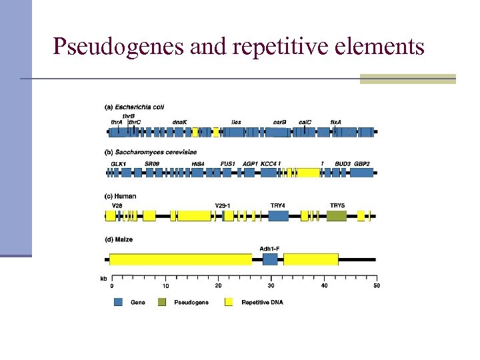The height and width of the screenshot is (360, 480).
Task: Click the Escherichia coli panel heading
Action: click(x=134, y=107)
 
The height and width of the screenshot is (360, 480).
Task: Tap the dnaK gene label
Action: click(x=180, y=123)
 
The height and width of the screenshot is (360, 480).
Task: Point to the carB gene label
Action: click(x=280, y=123)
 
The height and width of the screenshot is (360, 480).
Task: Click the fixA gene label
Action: click(x=336, y=123)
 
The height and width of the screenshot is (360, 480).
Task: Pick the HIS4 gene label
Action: click(x=197, y=163)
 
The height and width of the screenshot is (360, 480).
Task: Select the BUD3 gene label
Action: click(x=343, y=163)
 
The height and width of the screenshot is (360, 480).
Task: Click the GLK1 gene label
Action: click(x=118, y=163)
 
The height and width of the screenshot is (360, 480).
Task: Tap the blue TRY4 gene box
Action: click(x=279, y=216)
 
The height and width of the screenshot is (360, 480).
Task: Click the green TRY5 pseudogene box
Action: click(x=337, y=216)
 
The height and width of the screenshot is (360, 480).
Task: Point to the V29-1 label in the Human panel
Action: click(x=223, y=205)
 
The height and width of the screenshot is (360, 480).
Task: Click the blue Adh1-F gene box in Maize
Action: click(x=269, y=259)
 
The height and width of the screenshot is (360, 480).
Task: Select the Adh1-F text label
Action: click(x=269, y=249)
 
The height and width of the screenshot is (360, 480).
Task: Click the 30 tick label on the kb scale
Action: click(x=271, y=286)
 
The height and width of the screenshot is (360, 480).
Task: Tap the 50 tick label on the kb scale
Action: click(x=376, y=286)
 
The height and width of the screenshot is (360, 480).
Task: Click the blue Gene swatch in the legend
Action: click(x=118, y=302)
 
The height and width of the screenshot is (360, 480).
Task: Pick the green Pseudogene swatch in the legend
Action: click(x=162, y=302)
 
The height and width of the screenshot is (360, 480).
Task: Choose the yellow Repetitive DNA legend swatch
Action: click(x=229, y=302)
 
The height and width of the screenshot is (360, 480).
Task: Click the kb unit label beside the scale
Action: click(x=103, y=278)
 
